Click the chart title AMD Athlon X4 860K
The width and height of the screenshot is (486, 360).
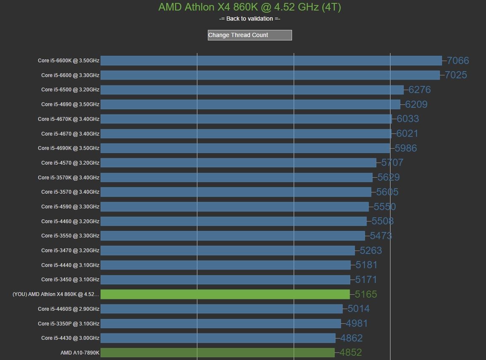tap(250, 7)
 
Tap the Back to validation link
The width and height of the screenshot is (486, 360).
tap(250, 19)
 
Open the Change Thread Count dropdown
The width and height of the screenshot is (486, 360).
tap(250, 35)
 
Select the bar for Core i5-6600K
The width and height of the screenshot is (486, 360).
tap(271, 61)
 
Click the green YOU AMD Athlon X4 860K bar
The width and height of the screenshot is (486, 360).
tap(225, 294)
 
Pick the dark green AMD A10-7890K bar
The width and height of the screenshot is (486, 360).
tap(218, 352)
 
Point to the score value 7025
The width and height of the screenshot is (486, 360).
tap(456, 75)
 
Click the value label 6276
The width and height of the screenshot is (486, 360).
tap(420, 90)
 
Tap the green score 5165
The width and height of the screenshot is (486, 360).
tap(366, 294)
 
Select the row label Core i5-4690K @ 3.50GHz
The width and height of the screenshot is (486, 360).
tap(69, 148)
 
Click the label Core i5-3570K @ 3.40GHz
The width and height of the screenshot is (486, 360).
tap(70, 177)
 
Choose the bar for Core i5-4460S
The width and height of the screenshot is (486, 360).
tap(221, 309)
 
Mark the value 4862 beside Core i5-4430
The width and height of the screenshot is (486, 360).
tap(351, 338)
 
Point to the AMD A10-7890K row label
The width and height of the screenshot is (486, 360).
tap(80, 352)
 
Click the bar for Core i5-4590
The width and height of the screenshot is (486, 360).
tap(234, 206)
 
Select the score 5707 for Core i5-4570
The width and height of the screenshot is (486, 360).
tap(392, 163)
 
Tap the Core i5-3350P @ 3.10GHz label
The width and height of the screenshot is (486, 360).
tap(69, 323)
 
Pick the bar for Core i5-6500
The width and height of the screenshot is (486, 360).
tap(252, 90)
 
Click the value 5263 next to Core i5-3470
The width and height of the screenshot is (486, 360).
tap(371, 251)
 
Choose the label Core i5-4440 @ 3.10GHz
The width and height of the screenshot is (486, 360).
tap(70, 265)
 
